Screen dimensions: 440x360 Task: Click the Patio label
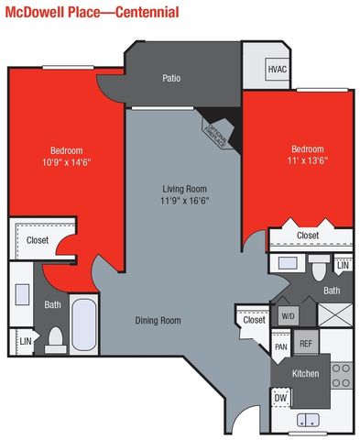click(171, 78)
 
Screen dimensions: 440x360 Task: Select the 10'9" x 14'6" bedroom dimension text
click(67, 162)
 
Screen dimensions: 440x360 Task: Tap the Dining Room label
click(158, 321)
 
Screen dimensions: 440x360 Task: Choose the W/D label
click(288, 316)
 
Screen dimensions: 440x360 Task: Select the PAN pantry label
click(281, 347)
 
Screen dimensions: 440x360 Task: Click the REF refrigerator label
click(306, 345)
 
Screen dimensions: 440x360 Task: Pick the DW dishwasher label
click(281, 398)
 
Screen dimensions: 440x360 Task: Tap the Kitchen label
click(305, 375)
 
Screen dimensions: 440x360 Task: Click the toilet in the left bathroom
click(57, 338)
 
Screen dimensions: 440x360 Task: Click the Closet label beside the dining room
click(254, 320)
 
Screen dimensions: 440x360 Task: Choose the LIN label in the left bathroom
click(25, 344)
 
